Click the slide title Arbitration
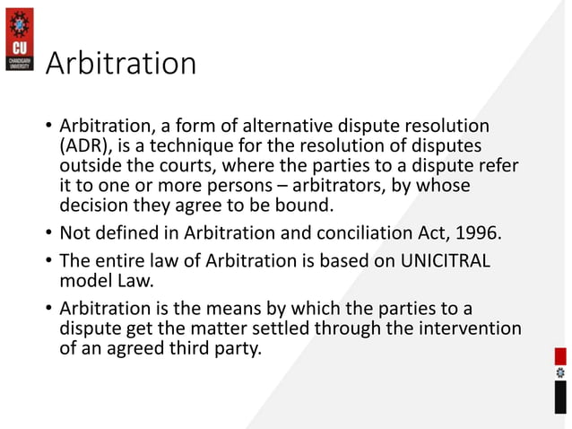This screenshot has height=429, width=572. tap(120, 65)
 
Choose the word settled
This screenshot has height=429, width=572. tap(286, 328)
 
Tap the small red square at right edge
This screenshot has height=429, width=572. tap(560, 356)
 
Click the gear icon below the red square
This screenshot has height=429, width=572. tap(560, 372)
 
